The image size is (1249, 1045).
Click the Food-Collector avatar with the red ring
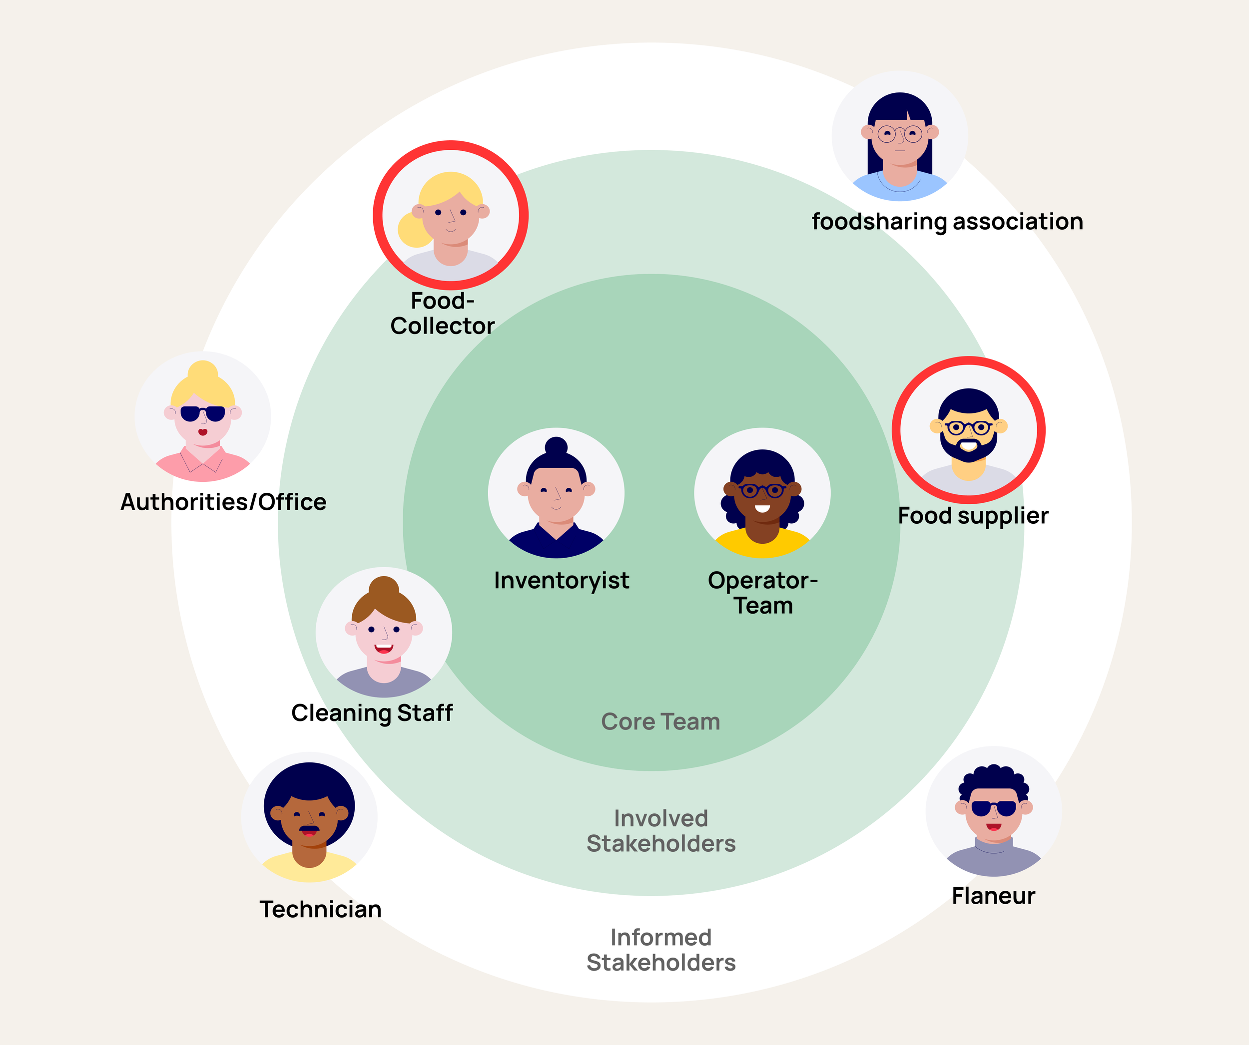click(450, 215)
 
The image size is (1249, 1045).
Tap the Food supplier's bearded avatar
click(968, 429)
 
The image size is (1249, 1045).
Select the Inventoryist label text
click(561, 581)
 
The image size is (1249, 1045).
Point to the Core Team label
click(660, 721)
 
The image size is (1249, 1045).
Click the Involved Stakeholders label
click(661, 831)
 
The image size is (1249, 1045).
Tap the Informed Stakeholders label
click(661, 950)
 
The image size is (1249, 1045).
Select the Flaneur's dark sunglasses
click(993, 808)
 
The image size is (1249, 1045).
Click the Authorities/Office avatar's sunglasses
click(203, 413)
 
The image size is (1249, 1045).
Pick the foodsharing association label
click(947, 222)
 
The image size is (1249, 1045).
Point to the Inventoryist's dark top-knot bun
click(556, 446)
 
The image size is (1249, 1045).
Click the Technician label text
click(320, 910)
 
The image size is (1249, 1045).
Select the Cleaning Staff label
click(372, 712)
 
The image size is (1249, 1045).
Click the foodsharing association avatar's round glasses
click(899, 134)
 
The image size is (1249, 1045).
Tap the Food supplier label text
click(973, 516)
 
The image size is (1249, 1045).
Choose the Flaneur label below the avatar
click(993, 896)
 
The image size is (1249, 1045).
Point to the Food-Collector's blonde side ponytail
click(413, 231)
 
